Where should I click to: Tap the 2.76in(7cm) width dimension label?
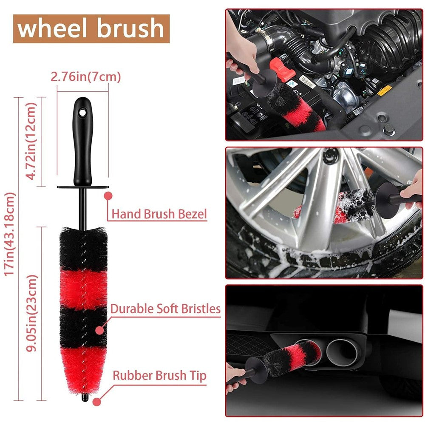(x=85, y=77)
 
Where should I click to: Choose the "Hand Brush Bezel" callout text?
(x=159, y=214)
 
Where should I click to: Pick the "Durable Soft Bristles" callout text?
(x=165, y=309)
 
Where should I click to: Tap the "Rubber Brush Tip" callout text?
(x=159, y=376)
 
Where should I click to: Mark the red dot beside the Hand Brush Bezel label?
(x=108, y=195)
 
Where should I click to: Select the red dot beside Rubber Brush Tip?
(x=96, y=400)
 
